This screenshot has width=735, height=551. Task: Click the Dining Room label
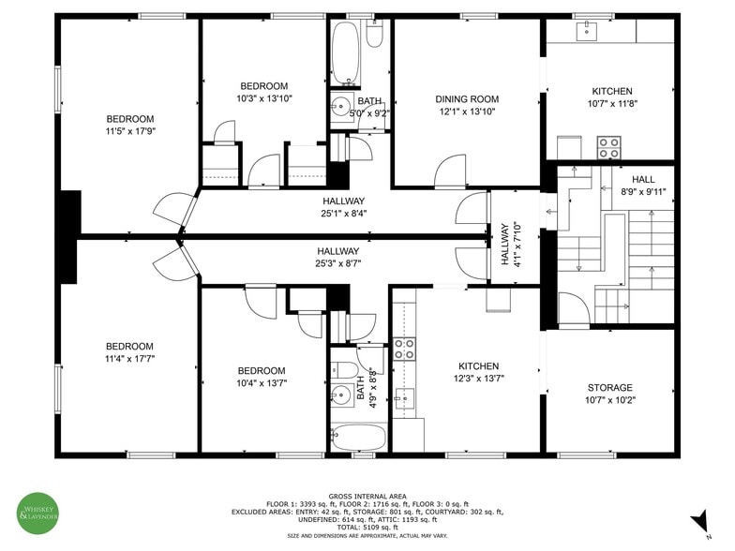(466, 99)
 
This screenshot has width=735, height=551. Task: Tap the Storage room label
(609, 388)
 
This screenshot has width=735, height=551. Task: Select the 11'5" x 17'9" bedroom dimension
(129, 131)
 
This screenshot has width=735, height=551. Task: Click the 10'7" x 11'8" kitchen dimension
(610, 104)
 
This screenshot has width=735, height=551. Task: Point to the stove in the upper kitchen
(608, 148)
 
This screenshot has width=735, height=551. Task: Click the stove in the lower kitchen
(404, 350)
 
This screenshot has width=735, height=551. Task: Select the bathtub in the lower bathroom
(357, 438)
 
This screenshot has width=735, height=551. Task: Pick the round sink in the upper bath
(339, 107)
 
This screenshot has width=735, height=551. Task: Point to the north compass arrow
(698, 521)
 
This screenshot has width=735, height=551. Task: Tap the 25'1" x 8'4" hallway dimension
(343, 214)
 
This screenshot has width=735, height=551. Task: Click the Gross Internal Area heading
(367, 496)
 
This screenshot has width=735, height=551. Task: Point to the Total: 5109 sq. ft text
(367, 528)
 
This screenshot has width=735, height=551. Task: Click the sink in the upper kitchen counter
(587, 31)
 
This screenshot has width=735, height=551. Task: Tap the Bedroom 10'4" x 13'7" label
(262, 377)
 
